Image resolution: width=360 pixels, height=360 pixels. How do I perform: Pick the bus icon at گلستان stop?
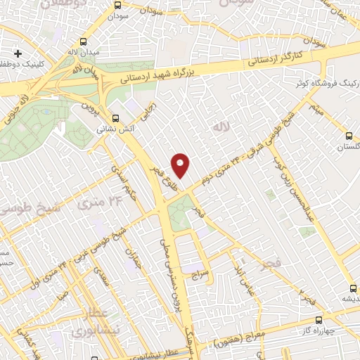click(349, 136)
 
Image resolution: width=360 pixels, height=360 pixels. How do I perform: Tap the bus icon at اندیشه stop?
click(353, 288)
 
